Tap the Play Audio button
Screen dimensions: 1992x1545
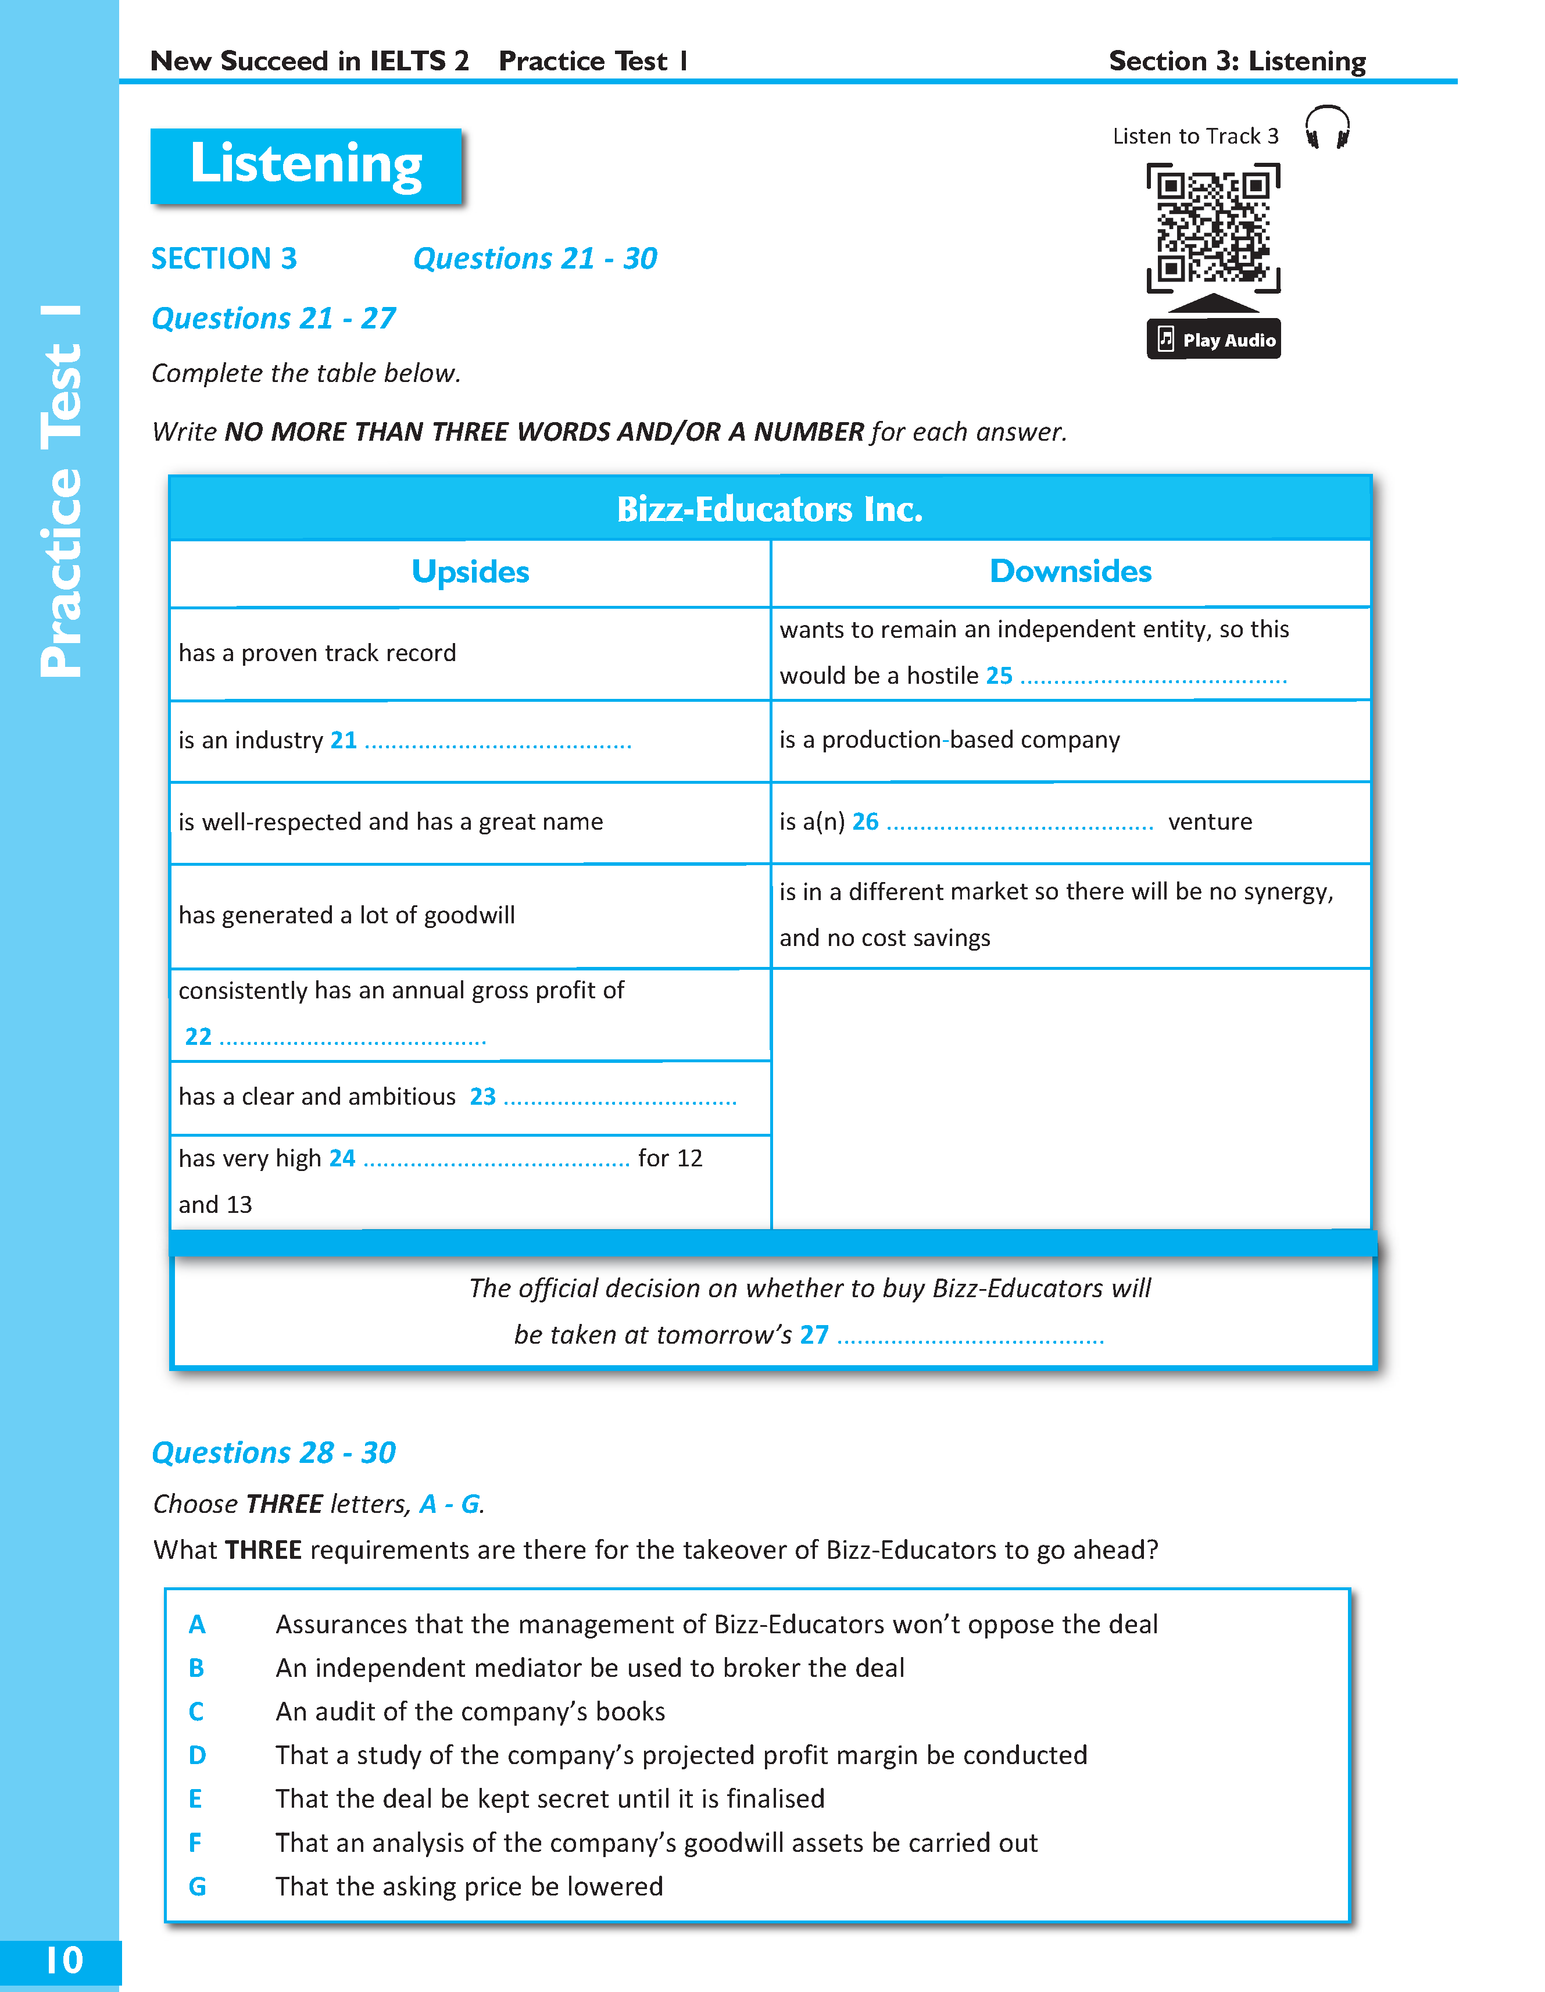click(x=1213, y=340)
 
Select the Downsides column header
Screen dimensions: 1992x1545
click(x=1070, y=571)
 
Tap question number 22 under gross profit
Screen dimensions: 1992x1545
click(x=198, y=1037)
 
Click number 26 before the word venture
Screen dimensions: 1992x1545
click(x=864, y=822)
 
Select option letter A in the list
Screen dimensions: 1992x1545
click(x=197, y=1625)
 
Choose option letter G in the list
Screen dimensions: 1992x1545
click(x=197, y=1886)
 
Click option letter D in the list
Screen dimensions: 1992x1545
click(x=197, y=1755)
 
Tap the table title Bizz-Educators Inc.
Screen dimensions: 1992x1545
click(x=770, y=509)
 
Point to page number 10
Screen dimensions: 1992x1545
click(x=64, y=1959)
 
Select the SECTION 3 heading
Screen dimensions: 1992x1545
click(x=224, y=259)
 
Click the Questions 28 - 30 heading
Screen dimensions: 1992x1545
click(x=274, y=1452)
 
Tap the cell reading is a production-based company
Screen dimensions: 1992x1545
click(x=949, y=740)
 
